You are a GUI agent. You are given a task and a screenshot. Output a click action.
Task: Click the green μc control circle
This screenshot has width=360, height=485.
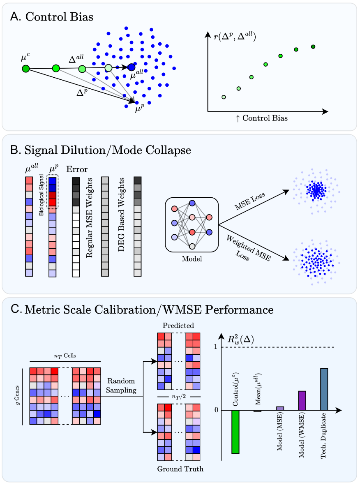point(26,68)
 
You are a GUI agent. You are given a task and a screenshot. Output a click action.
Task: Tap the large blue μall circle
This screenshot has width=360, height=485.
point(131,67)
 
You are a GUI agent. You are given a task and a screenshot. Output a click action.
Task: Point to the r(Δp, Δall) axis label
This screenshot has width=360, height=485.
point(235,37)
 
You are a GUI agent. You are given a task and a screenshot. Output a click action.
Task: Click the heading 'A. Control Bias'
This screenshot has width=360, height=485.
point(53,17)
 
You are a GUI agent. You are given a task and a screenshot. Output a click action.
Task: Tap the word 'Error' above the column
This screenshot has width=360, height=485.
point(77,169)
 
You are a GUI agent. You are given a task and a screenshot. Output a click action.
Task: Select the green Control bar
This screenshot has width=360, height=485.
point(235,432)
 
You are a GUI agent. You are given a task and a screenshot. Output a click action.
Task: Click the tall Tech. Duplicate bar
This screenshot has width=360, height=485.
point(324,389)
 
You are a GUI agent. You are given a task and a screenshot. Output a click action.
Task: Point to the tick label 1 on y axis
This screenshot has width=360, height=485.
point(217,347)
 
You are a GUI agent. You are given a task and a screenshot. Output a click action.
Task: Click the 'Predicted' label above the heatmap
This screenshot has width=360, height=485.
point(178,326)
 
